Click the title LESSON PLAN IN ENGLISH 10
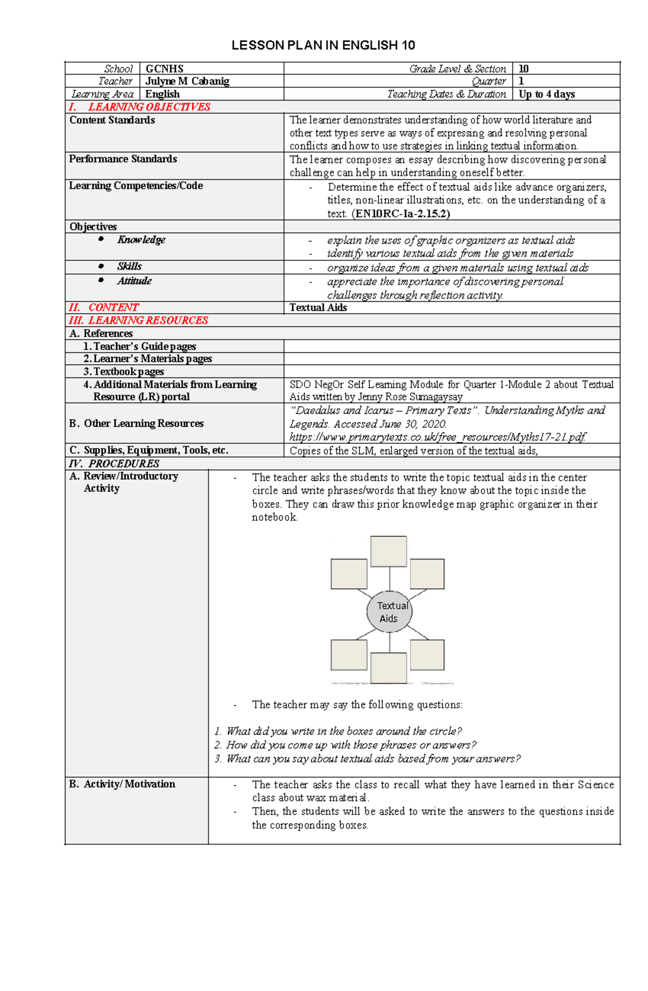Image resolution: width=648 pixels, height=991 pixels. (323, 45)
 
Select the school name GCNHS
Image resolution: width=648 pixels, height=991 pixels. (164, 69)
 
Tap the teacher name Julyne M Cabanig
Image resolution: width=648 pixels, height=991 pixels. (187, 81)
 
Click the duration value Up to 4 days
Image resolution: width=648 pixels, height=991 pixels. (546, 94)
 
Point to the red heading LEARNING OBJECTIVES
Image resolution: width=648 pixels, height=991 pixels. (149, 107)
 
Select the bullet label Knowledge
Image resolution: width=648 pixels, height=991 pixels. (141, 240)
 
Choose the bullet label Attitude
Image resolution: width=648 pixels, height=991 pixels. (134, 281)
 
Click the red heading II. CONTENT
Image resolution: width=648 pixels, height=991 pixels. (104, 307)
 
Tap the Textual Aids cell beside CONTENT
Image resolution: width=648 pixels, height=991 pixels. (318, 307)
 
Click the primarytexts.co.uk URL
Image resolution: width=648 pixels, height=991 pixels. (437, 437)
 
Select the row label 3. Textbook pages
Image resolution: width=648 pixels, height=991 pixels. (124, 372)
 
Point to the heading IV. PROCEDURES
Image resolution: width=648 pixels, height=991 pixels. (114, 463)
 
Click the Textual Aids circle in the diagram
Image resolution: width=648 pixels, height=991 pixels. (389, 612)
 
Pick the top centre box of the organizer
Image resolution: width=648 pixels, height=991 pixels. (388, 551)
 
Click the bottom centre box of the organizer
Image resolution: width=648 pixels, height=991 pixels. (388, 668)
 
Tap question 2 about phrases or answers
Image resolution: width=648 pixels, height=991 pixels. (346, 745)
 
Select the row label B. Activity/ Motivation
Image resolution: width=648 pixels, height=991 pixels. (123, 784)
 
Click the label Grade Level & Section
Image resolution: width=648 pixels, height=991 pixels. (457, 69)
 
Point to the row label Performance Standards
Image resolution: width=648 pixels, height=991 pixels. (123, 159)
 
